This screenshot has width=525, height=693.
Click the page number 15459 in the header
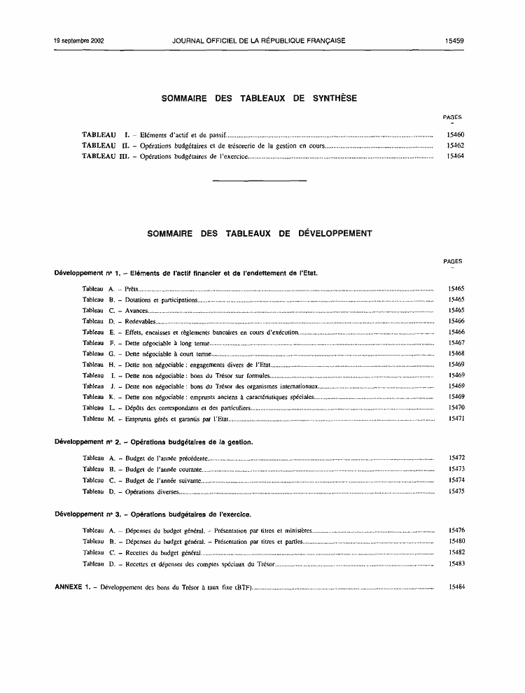click(x=454, y=41)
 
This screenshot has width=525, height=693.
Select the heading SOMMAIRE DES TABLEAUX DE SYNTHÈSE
click(x=259, y=99)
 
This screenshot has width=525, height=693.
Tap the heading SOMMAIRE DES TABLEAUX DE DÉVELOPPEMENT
click(x=260, y=234)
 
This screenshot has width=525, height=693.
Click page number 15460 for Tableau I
click(x=455, y=134)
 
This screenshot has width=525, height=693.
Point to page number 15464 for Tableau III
click(x=455, y=156)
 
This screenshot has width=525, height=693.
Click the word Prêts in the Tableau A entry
click(x=132, y=288)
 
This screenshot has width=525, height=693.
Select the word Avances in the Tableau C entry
click(x=136, y=310)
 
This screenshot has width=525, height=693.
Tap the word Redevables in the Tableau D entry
click(x=140, y=321)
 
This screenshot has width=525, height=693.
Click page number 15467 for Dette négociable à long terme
click(x=456, y=343)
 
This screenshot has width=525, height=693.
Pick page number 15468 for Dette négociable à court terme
click(x=456, y=353)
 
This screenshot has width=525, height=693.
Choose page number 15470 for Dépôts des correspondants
click(x=456, y=407)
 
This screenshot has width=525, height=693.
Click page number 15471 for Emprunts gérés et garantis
click(x=456, y=419)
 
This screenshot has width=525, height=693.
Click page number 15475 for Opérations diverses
click(x=456, y=491)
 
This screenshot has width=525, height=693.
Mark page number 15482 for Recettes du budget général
click(x=456, y=552)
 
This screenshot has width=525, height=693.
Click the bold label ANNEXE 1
click(x=73, y=586)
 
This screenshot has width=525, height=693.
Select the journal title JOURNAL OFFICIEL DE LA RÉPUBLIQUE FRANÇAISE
click(x=259, y=41)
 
